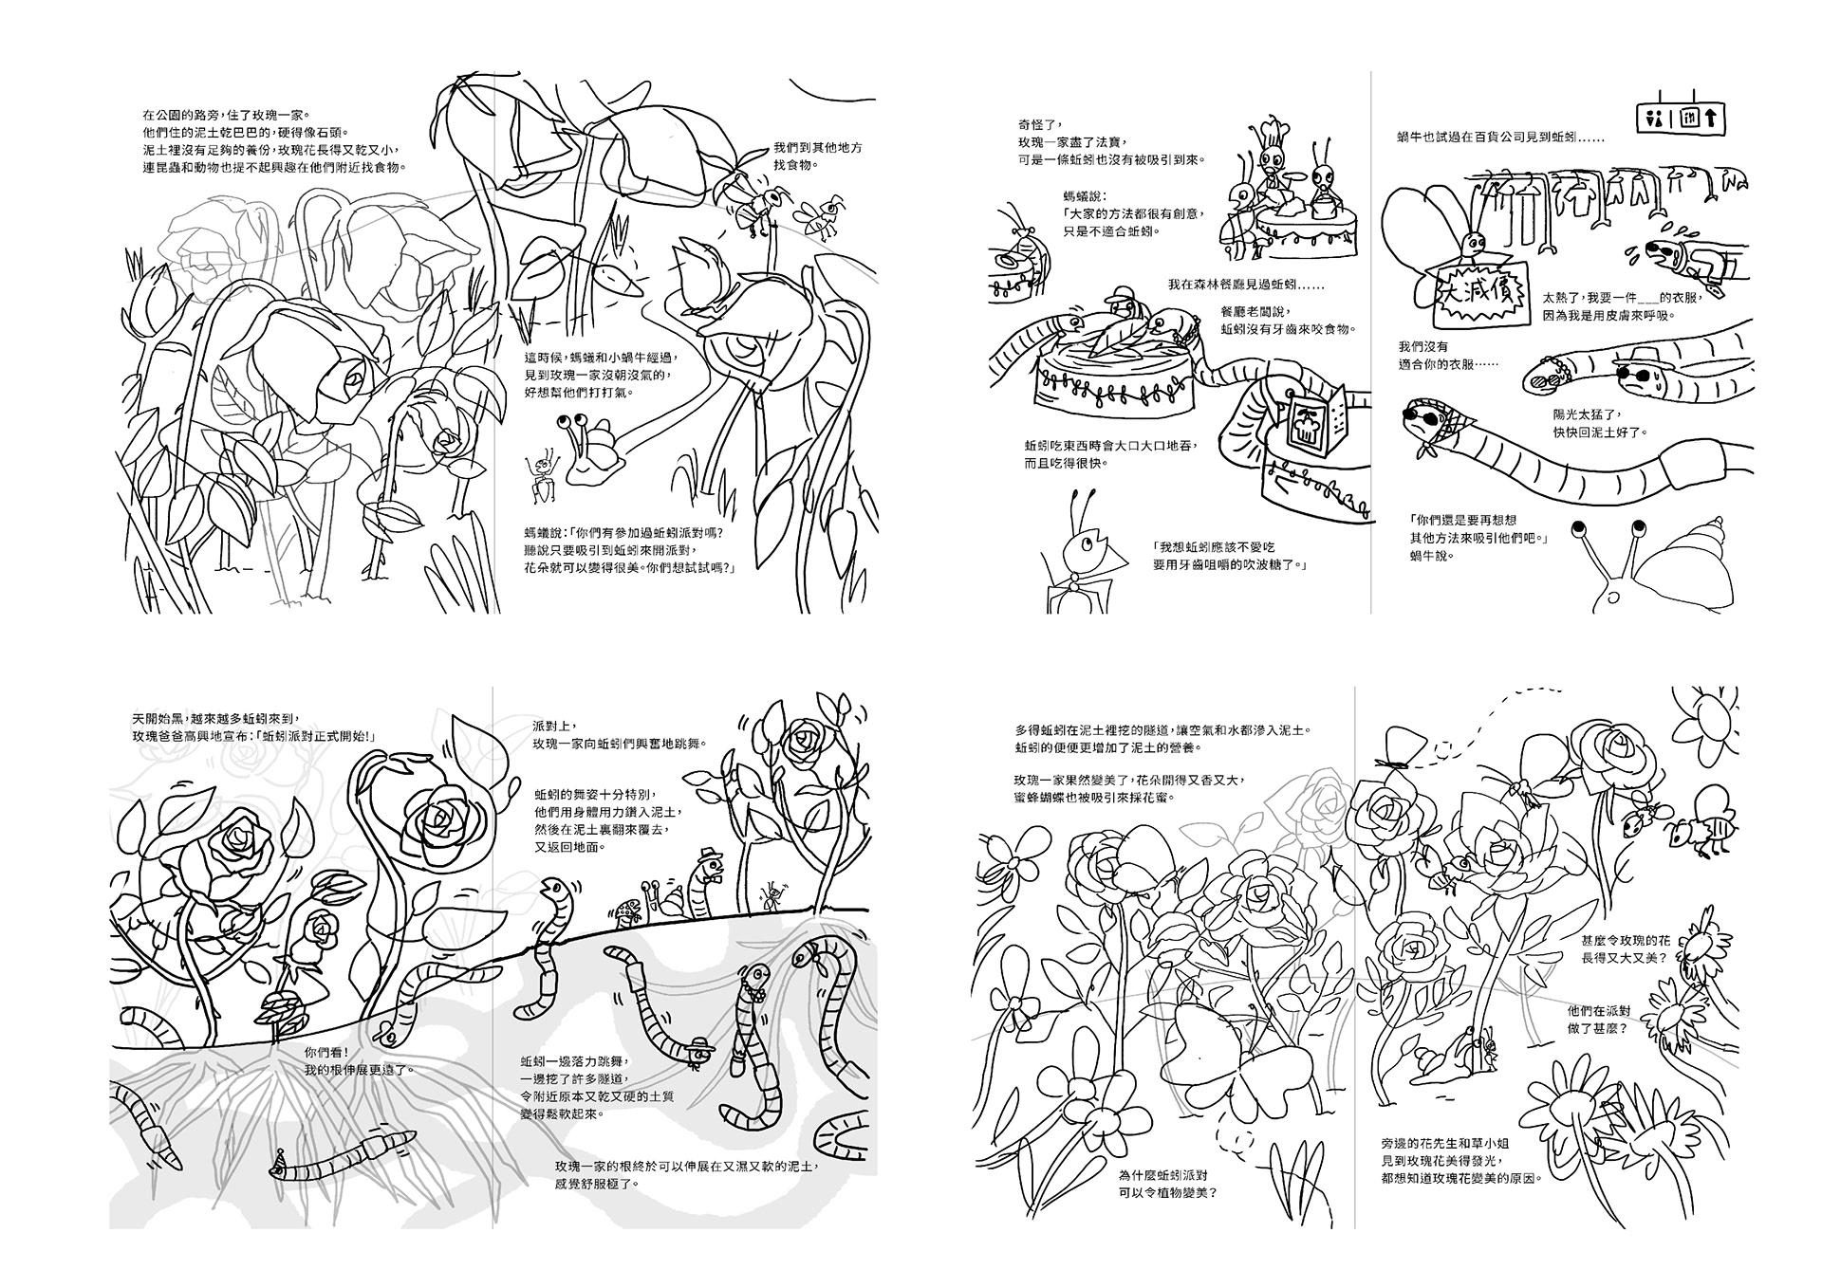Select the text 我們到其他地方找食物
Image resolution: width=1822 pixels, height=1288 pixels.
point(817,156)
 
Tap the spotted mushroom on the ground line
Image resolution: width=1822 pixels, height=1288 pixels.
point(630,911)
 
